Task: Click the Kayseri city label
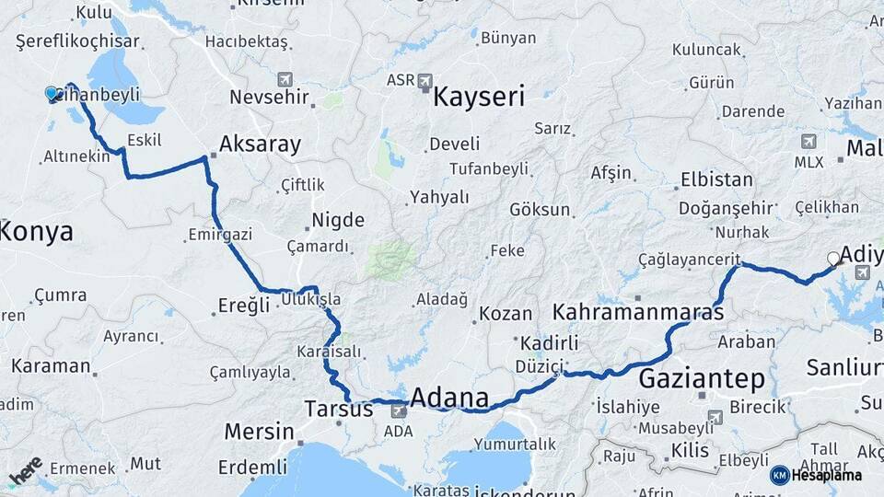click(479, 97)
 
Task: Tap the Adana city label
click(449, 399)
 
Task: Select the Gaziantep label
click(702, 378)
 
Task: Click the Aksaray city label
click(260, 144)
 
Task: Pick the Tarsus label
click(339, 409)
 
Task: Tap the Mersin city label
click(260, 431)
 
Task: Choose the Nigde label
click(338, 220)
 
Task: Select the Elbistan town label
click(716, 179)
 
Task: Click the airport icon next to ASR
click(425, 80)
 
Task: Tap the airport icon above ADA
click(398, 410)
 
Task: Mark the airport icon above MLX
click(808, 142)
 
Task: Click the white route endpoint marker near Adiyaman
click(833, 259)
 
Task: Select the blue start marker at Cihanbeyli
click(52, 93)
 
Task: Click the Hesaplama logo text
click(825, 475)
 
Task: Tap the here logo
click(26, 469)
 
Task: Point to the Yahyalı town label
click(439, 197)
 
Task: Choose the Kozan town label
click(506, 314)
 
